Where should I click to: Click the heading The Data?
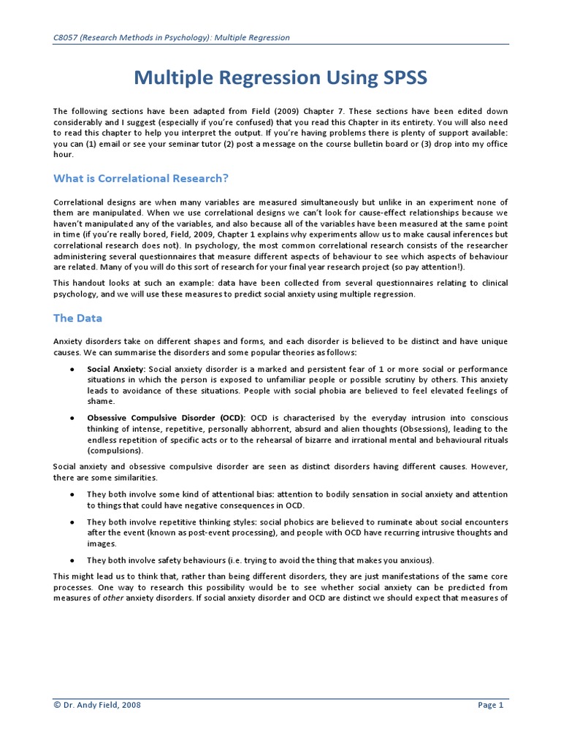78,318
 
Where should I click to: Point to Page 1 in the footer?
490,705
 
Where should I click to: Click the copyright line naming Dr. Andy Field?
97,705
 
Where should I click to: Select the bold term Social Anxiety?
116,370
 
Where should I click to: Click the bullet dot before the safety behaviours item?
71,560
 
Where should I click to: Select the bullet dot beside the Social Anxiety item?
71,370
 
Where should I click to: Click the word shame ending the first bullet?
99,401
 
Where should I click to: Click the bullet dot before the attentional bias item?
71,495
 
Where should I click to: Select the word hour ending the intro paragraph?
63,154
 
